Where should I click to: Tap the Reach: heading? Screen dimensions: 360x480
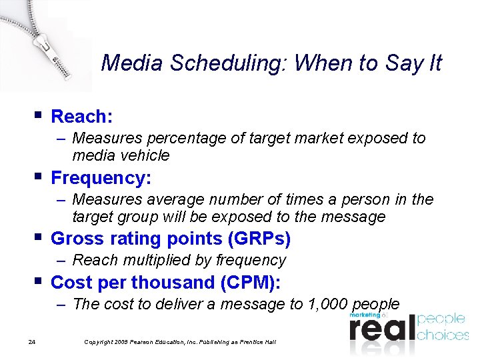click(81, 117)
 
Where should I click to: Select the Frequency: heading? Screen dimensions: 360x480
click(101, 178)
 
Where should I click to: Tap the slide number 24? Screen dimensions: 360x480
click(31, 342)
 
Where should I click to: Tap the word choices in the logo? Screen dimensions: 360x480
click(443, 334)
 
